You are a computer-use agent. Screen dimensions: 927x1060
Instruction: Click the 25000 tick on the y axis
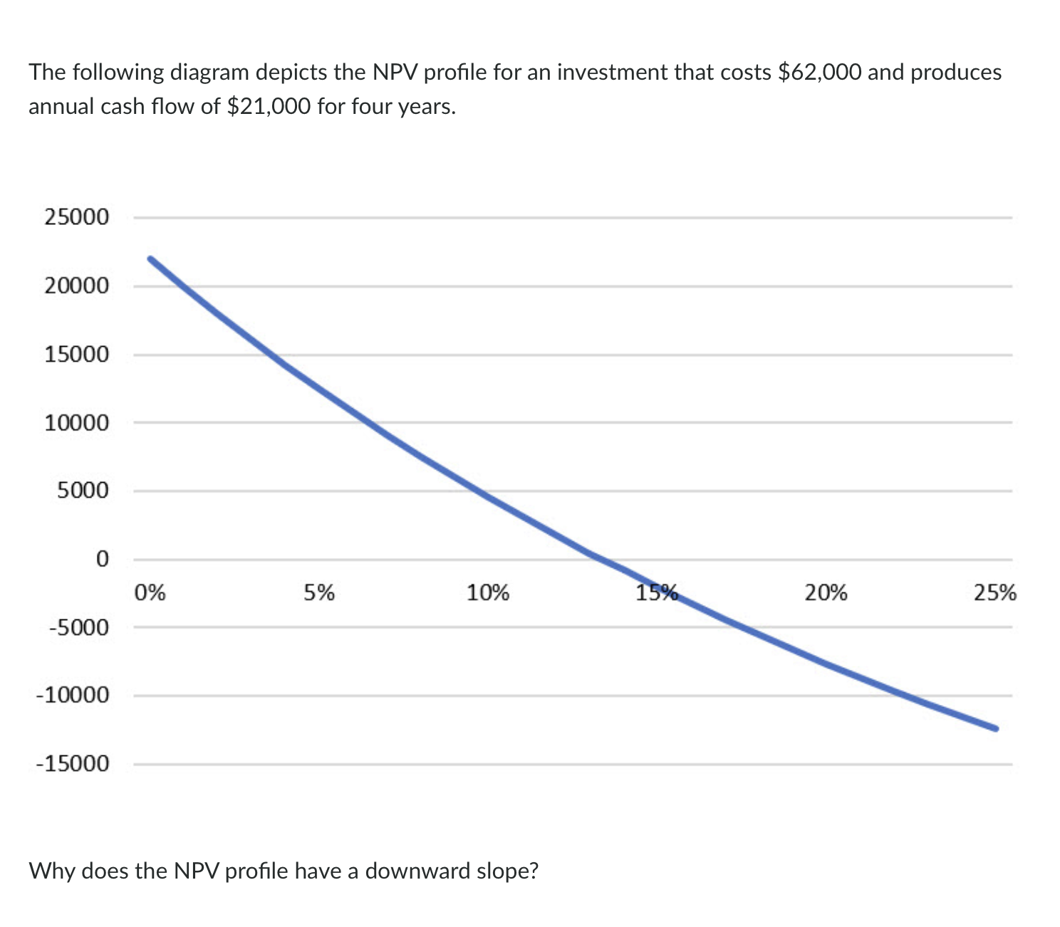pos(77,217)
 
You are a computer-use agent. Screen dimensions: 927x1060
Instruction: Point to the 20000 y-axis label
pos(77,286)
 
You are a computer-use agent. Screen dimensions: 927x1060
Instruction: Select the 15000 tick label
pos(77,355)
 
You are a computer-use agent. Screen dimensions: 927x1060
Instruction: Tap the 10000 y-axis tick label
pos(77,423)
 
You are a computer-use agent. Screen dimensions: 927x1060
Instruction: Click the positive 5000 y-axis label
pos(83,491)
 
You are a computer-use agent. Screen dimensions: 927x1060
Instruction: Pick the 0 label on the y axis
pos(102,559)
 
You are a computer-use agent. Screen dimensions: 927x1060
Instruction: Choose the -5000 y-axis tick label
pos(78,628)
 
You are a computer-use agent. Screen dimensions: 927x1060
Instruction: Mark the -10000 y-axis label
pos(73,696)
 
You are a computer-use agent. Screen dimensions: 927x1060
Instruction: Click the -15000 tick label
pos(73,765)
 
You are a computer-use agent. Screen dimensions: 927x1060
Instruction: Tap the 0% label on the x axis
pos(150,592)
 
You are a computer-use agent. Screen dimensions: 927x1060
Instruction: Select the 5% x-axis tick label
pos(319,592)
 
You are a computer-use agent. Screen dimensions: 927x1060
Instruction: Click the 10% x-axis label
pos(488,592)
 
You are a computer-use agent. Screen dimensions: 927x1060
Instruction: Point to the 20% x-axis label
pos(826,592)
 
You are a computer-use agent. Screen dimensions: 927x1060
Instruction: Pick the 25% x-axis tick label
pos(995,592)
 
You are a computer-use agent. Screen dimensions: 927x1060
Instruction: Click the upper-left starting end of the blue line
pos(150,258)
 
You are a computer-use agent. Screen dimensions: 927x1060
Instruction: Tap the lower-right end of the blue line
pos(995,728)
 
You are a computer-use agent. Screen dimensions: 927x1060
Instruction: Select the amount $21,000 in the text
pos(268,107)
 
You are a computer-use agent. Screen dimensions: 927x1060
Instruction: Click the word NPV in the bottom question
pos(197,871)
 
